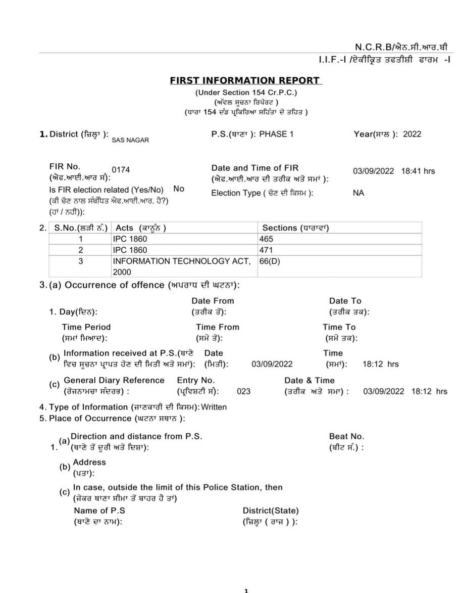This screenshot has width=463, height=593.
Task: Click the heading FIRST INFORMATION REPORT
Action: tap(245, 80)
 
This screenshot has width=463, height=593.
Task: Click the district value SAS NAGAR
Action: tap(130, 140)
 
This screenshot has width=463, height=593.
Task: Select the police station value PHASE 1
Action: tap(276, 134)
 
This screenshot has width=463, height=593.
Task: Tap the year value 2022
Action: tap(412, 134)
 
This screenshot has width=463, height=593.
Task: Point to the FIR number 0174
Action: tap(121, 170)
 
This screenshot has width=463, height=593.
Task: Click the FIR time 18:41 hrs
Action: tap(418, 171)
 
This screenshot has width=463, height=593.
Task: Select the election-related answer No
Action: tap(179, 189)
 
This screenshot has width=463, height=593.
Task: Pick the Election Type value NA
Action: tap(358, 193)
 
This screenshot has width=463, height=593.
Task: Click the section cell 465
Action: tap(266, 239)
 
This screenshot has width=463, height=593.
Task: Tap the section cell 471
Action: tap(266, 250)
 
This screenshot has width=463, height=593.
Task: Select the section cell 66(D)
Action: tap(270, 261)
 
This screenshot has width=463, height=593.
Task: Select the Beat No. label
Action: tap(346, 436)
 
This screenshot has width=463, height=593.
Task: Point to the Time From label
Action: tap(218, 327)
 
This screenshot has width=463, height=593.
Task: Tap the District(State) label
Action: tap(271, 511)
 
